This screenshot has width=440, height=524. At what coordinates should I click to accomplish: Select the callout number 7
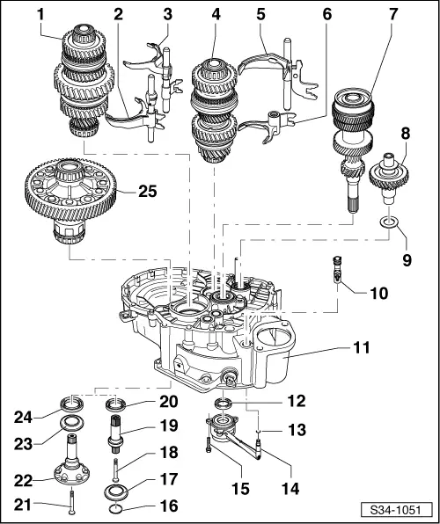point(392,14)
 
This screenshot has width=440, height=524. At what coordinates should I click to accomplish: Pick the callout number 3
point(167,15)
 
